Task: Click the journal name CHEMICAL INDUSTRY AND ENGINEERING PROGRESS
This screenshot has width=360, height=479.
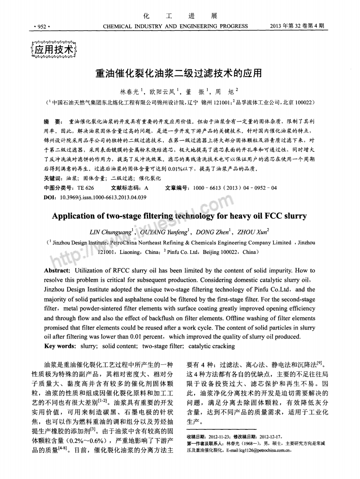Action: tap(175, 26)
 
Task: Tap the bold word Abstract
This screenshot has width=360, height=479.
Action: tap(57, 271)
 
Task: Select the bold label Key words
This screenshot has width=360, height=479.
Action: tap(59, 346)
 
